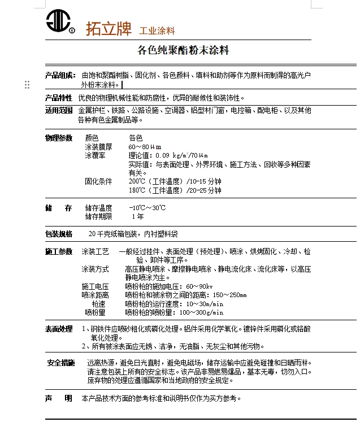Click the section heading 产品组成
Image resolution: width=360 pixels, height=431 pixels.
pos(60,75)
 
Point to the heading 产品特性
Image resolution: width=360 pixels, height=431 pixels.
pos(59,98)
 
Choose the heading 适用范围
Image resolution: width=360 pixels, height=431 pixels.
pos(59,110)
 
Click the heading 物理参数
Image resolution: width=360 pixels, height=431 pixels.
pos(59,138)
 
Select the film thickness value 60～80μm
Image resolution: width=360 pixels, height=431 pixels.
pos(145,147)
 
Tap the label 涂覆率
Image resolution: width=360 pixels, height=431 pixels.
pos(95,155)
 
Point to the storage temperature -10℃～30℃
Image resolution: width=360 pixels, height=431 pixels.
pos(147,208)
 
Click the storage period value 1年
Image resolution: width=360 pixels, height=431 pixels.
pos(137,216)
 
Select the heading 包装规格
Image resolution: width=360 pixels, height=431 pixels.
pos(59,234)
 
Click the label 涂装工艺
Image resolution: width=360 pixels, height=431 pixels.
pos(95,251)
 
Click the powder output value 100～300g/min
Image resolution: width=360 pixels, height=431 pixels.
pos(201,312)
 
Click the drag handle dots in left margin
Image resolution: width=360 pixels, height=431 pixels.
pos(27,85)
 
